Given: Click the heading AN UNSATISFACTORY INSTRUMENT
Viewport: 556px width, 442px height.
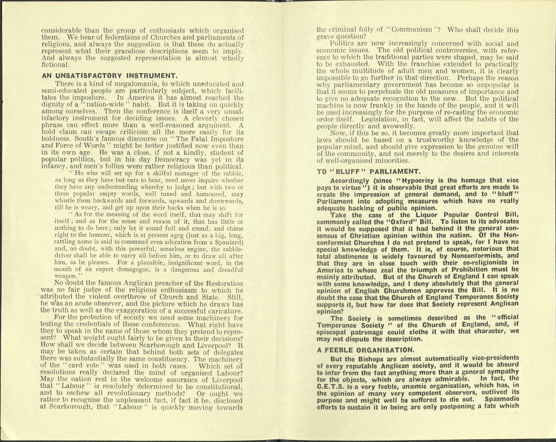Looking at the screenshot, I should coord(109,76).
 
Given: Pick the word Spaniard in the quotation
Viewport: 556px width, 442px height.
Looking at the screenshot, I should coord(229,242).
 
